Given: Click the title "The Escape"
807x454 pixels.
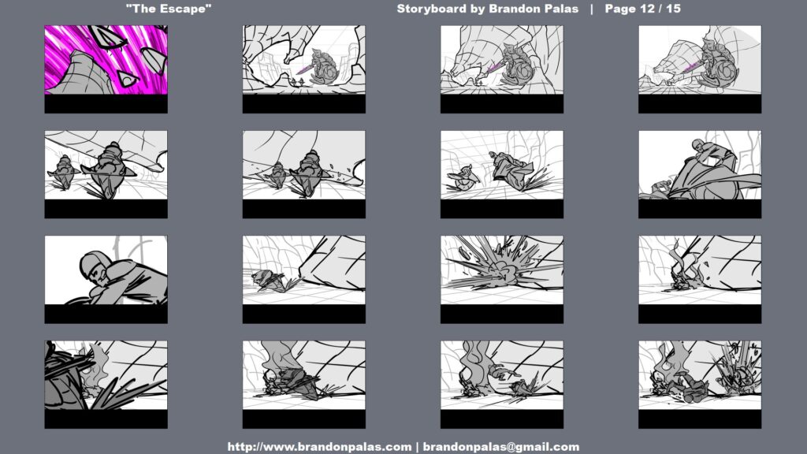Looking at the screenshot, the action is pyautogui.click(x=169, y=9).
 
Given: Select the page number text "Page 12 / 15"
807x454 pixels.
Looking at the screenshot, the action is pyautogui.click(x=642, y=9).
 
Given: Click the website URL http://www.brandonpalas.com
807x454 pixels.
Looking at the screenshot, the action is pyautogui.click(x=319, y=447).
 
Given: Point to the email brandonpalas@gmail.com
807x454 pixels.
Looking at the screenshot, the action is pyautogui.click(x=500, y=447).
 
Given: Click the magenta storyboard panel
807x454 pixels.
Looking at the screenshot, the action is pyautogui.click(x=106, y=60).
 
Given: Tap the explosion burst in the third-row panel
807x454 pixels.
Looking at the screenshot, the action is pyautogui.click(x=502, y=265).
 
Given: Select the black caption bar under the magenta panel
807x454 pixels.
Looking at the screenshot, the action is pyautogui.click(x=106, y=104).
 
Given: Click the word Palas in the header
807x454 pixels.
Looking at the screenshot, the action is pyautogui.click(x=560, y=9).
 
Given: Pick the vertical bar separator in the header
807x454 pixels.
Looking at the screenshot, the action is pyautogui.click(x=591, y=9).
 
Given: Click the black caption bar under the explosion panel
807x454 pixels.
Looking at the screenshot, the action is pyautogui.click(x=502, y=314).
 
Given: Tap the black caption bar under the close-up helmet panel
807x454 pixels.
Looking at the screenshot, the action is pyautogui.click(x=106, y=314).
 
